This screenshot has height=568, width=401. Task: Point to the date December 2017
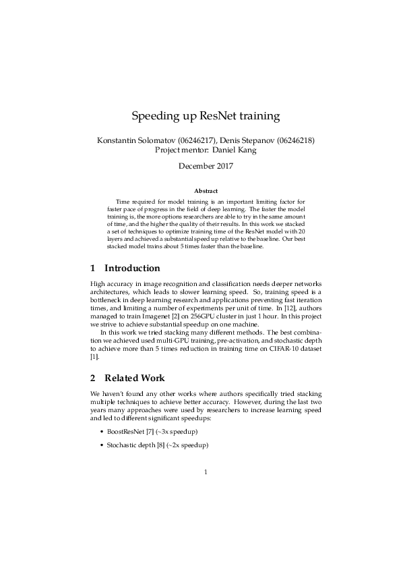pyautogui.click(x=200, y=166)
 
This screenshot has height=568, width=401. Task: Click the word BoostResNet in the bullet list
pyautogui.click(x=121, y=430)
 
